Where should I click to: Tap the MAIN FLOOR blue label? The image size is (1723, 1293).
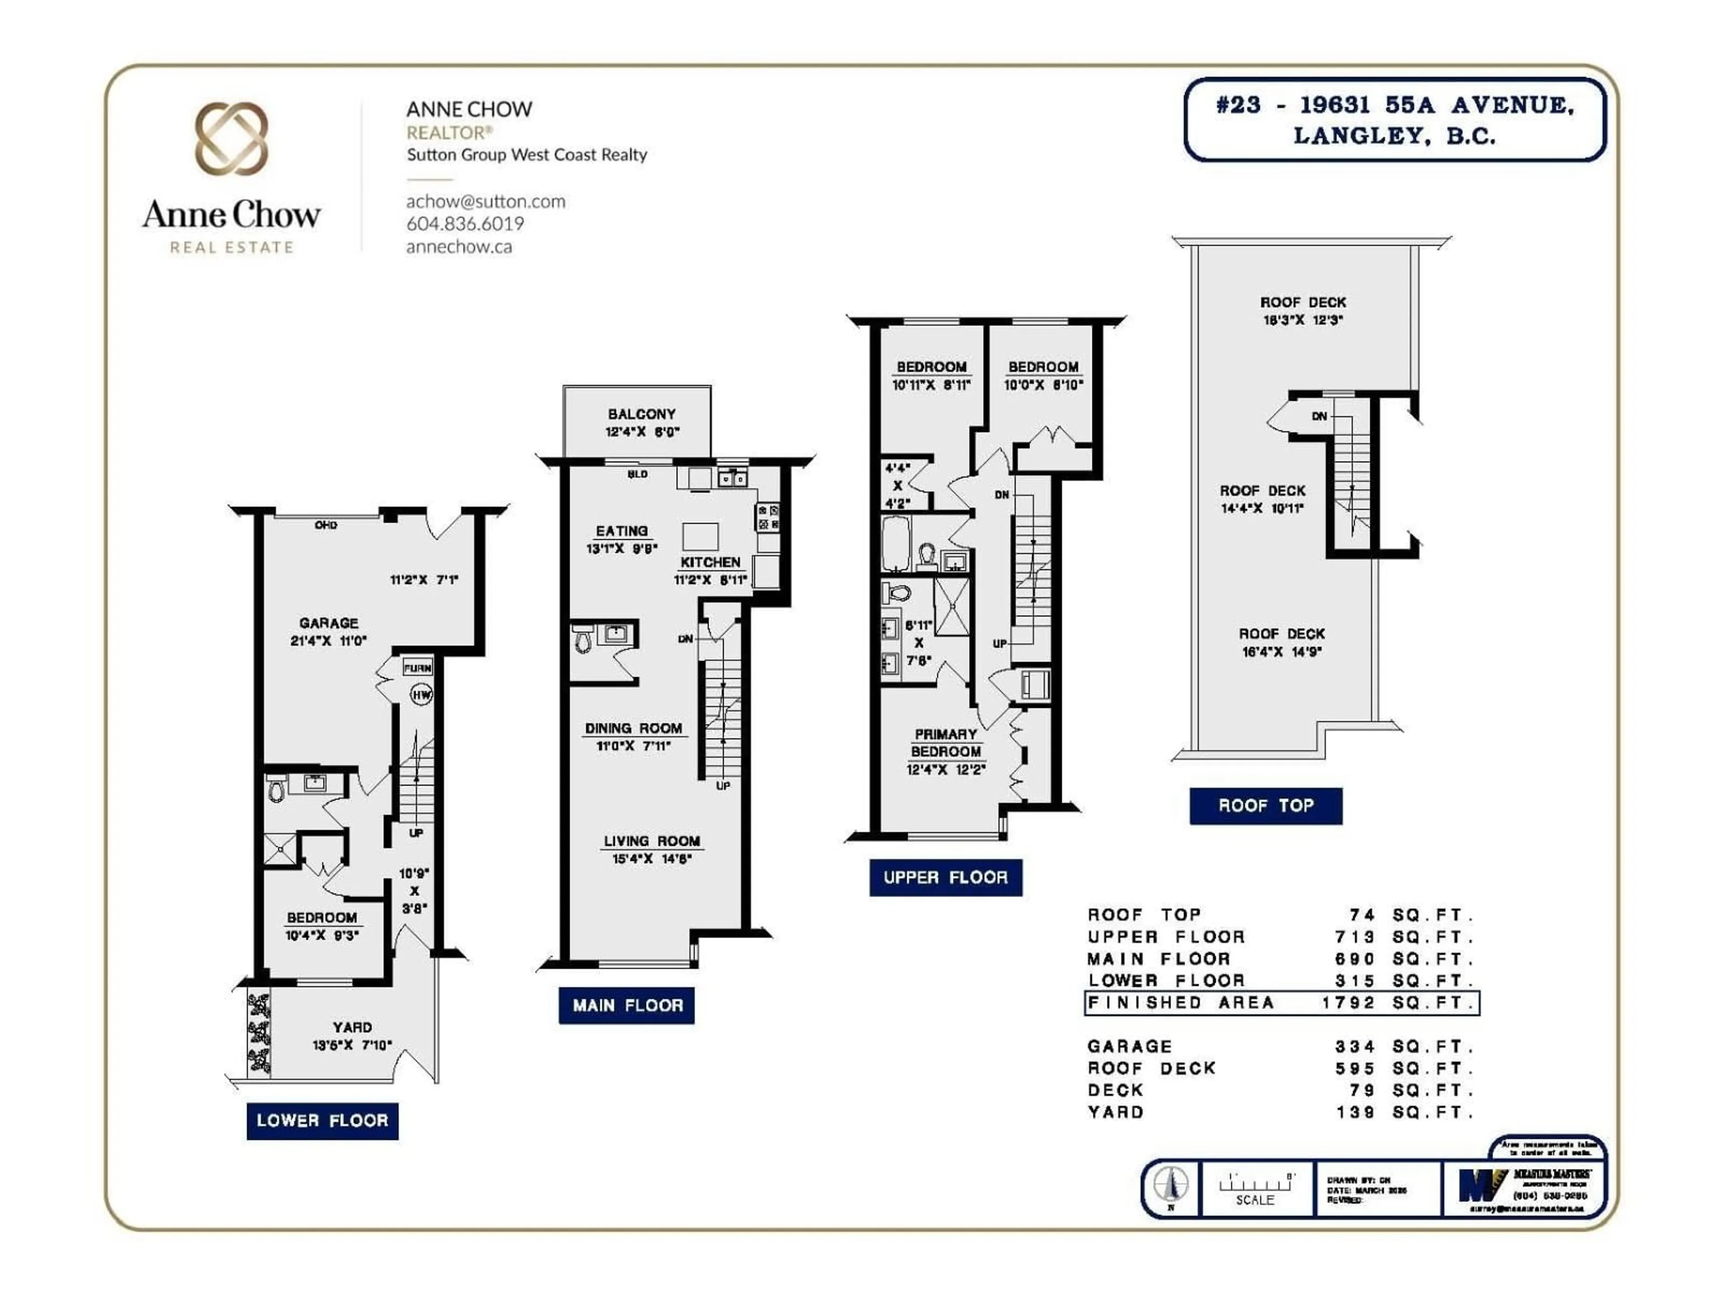pyautogui.click(x=627, y=1005)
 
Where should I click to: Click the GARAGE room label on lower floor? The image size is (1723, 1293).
pyautogui.click(x=329, y=623)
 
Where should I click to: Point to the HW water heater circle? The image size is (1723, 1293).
pyautogui.click(x=421, y=695)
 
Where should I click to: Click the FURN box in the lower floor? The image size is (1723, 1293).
pyautogui.click(x=417, y=668)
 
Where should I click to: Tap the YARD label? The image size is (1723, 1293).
pyautogui.click(x=352, y=1027)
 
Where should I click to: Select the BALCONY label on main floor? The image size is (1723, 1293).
pyautogui.click(x=641, y=414)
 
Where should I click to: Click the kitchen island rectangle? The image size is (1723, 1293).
pyautogui.click(x=700, y=537)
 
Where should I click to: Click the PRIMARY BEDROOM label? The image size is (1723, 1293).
pyautogui.click(x=945, y=743)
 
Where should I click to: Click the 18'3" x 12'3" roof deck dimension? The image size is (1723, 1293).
pyautogui.click(x=1303, y=320)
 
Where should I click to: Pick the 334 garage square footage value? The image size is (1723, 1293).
pyautogui.click(x=1356, y=1046)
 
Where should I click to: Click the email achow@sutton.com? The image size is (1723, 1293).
pyautogui.click(x=485, y=201)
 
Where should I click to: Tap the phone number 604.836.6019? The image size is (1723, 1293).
pyautogui.click(x=465, y=224)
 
